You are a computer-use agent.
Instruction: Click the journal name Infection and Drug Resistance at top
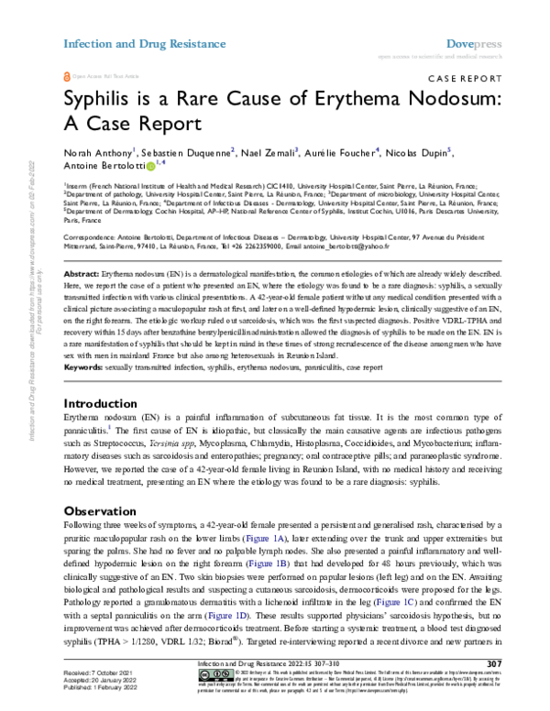(144, 43)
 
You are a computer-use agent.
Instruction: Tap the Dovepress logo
(472, 43)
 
